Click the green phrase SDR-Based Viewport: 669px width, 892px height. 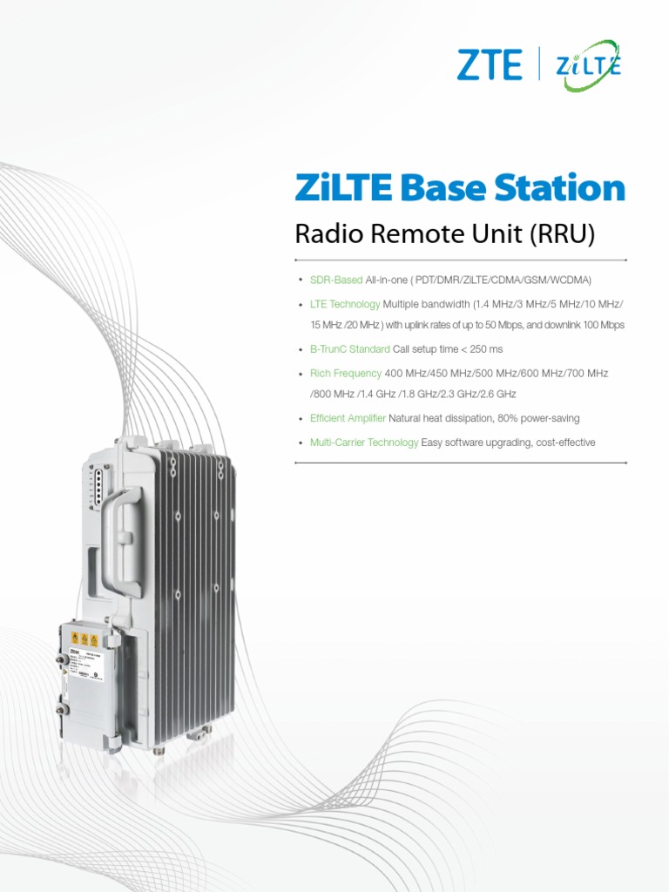pos(336,280)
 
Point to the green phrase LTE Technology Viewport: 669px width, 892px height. pos(345,304)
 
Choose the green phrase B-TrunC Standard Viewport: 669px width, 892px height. pos(350,349)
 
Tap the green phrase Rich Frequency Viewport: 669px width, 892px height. pos(346,373)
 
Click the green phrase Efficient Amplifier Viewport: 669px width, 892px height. pos(348,418)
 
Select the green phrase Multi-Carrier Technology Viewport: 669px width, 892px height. pos(364,443)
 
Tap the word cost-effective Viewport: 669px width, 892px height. pos(566,443)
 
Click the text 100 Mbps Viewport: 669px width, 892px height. pos(602,325)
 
